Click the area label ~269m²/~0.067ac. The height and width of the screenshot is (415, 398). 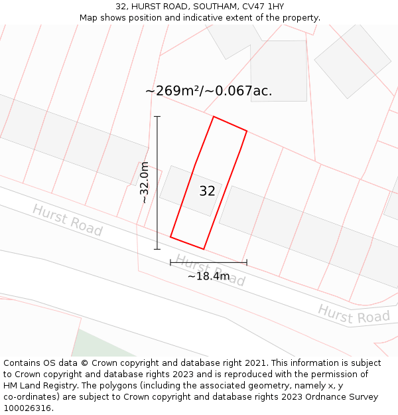208,91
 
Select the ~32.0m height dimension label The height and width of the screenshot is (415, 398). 145,183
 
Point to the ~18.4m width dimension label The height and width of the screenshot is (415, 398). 208,276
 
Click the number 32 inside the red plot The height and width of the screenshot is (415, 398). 207,191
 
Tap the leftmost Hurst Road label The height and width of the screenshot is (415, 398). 67,220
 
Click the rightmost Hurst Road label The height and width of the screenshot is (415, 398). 354,313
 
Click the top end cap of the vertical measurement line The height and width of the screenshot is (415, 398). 157,117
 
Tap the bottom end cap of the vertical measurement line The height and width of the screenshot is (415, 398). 157,249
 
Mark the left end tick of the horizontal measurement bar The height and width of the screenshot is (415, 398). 170,262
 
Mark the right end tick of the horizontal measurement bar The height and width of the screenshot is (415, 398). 247,262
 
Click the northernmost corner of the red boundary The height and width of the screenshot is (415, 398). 214,117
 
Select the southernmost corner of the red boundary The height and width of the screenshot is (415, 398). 203,249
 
